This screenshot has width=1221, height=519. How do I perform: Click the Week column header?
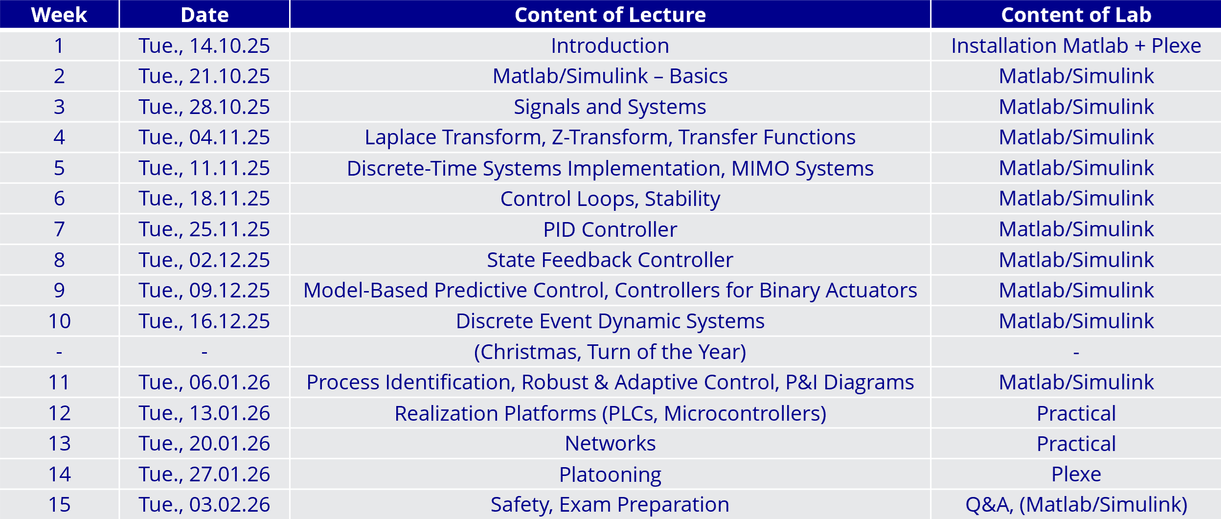pos(59,15)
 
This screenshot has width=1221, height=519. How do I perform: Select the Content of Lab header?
pos(1076,15)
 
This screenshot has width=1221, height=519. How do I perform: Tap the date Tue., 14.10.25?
pos(204,45)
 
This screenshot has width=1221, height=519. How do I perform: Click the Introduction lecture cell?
pos(610,45)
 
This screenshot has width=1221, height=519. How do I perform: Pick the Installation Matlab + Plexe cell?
pos(1076,45)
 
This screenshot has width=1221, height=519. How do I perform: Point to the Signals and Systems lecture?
pos(610,107)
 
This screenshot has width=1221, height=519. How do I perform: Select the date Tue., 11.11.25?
pos(204,168)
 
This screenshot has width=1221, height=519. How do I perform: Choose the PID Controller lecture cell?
pos(610,229)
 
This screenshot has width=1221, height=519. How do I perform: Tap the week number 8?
pos(59,260)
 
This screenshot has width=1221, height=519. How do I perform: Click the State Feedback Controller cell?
pos(610,260)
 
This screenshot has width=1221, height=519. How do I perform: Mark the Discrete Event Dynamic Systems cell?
pos(610,321)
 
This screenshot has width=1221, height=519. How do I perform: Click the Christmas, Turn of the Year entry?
pos(610,352)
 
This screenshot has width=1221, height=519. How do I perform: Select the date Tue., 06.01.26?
pos(204,382)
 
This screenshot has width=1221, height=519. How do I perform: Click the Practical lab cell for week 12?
pos(1076,413)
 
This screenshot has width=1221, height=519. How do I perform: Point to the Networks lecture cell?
pos(610,444)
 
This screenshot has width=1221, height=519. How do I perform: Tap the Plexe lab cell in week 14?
pos(1076,474)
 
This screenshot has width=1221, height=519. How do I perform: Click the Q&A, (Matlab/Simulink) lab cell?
pos(1076,504)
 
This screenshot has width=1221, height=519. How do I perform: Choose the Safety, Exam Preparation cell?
pos(610,504)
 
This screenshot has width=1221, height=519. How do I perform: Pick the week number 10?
pos(59,321)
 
